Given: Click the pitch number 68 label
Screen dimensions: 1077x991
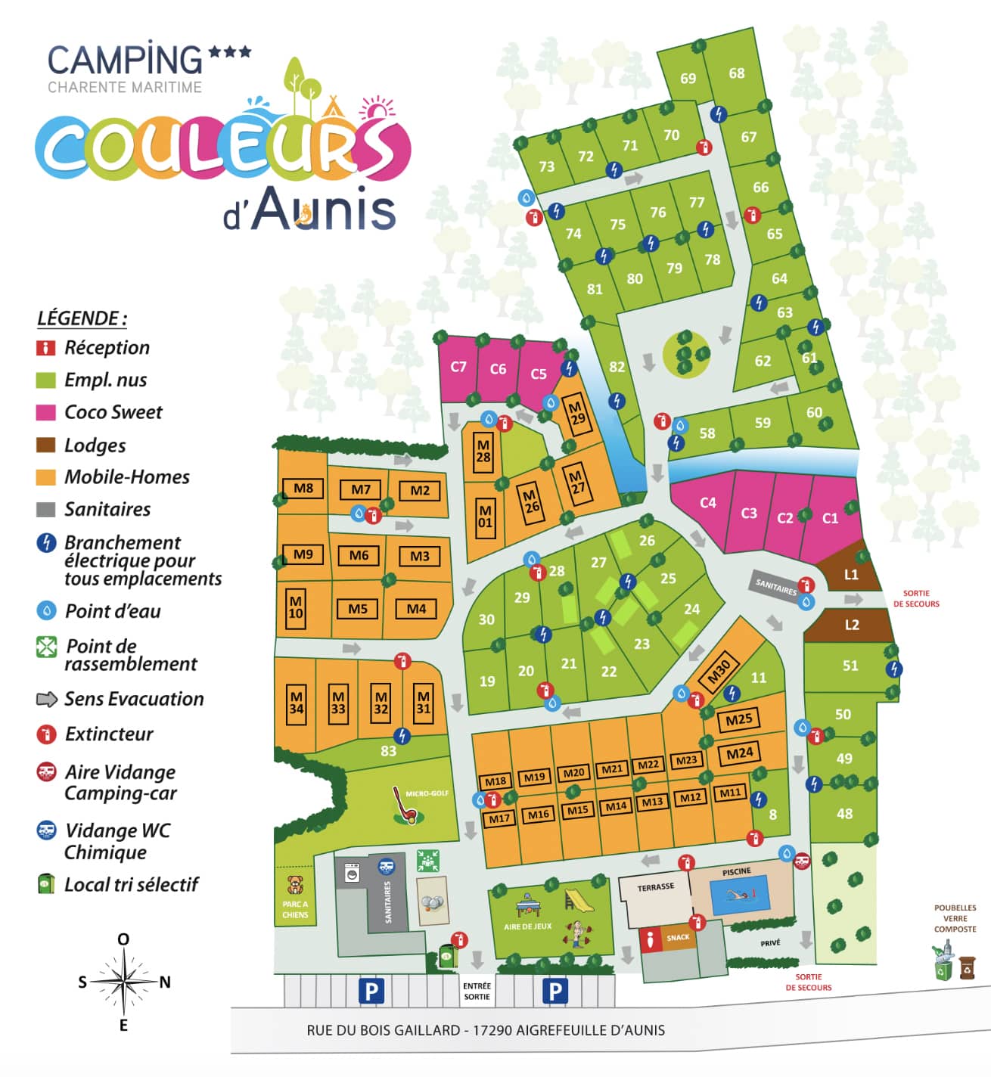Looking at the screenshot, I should click(x=737, y=73).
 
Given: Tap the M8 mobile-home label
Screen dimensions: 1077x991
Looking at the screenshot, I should click(x=303, y=488).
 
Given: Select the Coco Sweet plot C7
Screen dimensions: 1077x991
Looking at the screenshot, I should click(x=458, y=367).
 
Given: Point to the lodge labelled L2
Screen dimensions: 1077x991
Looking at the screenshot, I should click(x=852, y=625).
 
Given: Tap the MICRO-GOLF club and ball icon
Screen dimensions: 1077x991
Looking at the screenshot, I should click(x=404, y=807).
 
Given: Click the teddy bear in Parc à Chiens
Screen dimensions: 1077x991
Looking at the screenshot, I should click(x=295, y=884).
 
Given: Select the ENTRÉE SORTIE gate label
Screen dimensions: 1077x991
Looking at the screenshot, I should click(x=477, y=991).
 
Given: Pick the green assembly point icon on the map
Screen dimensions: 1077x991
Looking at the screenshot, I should click(x=428, y=861).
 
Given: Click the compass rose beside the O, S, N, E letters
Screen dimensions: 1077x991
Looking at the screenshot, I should click(x=123, y=982).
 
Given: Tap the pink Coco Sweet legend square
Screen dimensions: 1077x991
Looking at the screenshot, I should click(x=46, y=412).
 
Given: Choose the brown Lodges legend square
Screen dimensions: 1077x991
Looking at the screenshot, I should click(x=46, y=445).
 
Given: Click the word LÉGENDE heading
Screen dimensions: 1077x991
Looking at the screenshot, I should click(x=82, y=318).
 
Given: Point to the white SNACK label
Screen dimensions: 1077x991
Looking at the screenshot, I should click(x=678, y=937).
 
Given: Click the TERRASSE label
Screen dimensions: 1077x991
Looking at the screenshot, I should click(x=655, y=886).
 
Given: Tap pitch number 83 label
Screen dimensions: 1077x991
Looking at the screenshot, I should click(x=388, y=751).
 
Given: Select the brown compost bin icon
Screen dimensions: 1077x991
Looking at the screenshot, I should click(x=968, y=967).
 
